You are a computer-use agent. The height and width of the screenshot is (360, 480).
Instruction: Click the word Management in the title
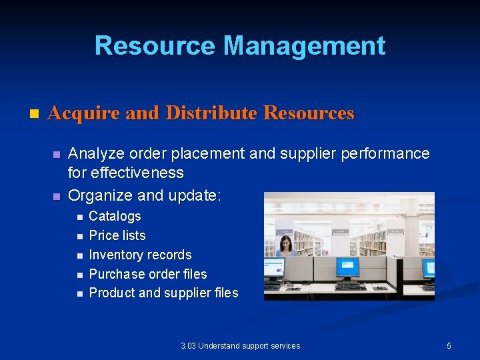(x=305, y=46)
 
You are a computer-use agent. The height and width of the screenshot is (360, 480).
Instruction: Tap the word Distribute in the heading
(x=211, y=113)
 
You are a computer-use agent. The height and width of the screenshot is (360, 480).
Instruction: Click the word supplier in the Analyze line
(x=305, y=154)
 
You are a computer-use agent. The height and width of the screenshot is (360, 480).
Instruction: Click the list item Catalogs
(x=115, y=216)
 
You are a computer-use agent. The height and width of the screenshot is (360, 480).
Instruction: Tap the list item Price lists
(x=117, y=235)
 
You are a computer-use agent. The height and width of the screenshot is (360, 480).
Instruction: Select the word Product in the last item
(x=111, y=293)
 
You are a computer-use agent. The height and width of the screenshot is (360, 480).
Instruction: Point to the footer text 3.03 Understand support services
(x=240, y=345)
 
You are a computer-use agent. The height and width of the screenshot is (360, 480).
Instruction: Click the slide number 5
(x=449, y=345)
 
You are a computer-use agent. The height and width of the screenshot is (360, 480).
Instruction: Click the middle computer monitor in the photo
(x=347, y=267)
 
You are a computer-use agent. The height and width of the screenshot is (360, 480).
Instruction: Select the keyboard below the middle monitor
(x=350, y=287)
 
